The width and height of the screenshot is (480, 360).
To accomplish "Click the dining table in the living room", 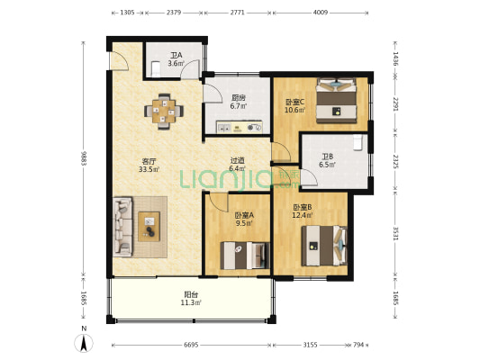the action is tap(164, 112).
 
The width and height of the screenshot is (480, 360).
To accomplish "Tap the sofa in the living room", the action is tap(122, 227).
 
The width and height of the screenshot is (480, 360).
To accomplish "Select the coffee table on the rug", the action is tap(149, 227).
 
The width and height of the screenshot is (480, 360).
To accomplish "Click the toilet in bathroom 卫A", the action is tap(156, 69).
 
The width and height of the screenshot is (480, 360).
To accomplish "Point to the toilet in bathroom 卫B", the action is tap(358, 142).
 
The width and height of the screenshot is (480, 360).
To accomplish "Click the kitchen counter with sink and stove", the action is tap(240, 127).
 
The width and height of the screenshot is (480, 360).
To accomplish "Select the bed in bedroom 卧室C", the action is tap(337, 101).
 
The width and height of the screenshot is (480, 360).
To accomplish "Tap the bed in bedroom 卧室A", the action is tap(245, 256).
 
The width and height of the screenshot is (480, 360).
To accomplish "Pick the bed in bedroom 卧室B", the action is tap(324, 246).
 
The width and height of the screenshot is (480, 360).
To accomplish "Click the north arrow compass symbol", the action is tap(84, 343).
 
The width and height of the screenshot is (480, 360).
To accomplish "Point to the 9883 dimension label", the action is tap(83, 157).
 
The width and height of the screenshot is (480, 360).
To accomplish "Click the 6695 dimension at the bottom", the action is tap(191, 345).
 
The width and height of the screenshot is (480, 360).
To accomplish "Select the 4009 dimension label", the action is tap(321, 13).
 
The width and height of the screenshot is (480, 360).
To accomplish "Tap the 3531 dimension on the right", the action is tap(395, 234).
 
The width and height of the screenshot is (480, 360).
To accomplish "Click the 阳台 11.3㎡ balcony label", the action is tap(191, 299).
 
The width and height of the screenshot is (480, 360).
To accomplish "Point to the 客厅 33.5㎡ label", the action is tap(149, 166).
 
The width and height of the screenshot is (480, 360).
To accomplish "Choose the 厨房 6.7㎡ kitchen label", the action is tap(239, 103).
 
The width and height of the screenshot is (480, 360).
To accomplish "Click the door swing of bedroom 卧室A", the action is tap(218, 203).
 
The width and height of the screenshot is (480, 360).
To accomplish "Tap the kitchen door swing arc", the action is tap(213, 94).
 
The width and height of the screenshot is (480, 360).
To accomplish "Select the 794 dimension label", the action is tap(358, 345).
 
